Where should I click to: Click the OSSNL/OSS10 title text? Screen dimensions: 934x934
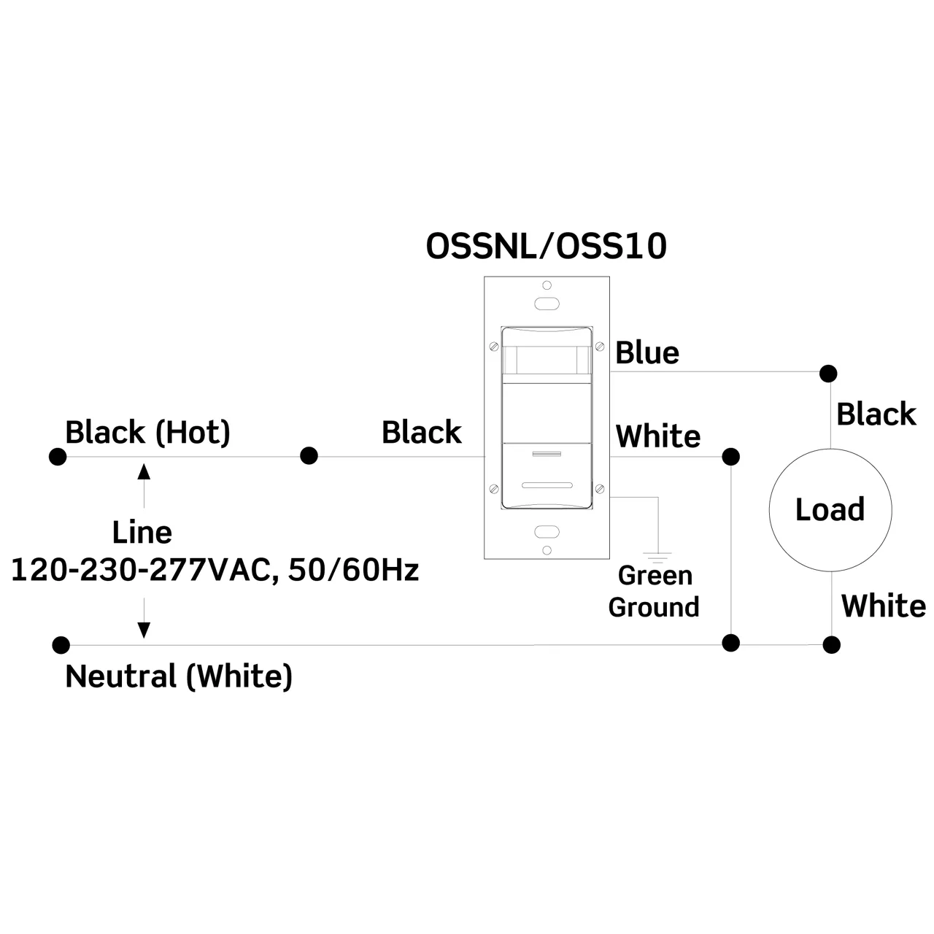(x=546, y=247)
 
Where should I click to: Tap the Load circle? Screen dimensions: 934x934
(x=830, y=510)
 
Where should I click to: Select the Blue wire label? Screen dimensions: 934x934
(x=647, y=353)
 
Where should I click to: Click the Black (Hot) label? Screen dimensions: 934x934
(x=147, y=432)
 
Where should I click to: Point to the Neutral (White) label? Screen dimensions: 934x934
(x=179, y=676)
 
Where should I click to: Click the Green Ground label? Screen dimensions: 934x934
(x=655, y=591)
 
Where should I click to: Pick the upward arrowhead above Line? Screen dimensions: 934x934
(x=144, y=471)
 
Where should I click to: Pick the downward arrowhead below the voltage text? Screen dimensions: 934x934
(x=144, y=629)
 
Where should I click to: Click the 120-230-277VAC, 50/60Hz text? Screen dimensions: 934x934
(x=215, y=570)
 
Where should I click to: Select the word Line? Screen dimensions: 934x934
(x=142, y=533)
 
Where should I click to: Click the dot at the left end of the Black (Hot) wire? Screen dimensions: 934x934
(x=58, y=457)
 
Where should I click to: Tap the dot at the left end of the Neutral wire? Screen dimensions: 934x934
(x=61, y=645)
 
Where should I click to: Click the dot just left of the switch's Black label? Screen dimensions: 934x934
(x=309, y=456)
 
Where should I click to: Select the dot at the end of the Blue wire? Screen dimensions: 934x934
(x=828, y=374)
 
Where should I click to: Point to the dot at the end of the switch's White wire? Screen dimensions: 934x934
(x=730, y=457)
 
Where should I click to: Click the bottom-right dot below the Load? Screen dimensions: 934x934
(x=831, y=644)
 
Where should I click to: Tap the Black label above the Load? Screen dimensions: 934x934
(x=876, y=414)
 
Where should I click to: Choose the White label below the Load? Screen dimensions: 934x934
(x=883, y=606)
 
